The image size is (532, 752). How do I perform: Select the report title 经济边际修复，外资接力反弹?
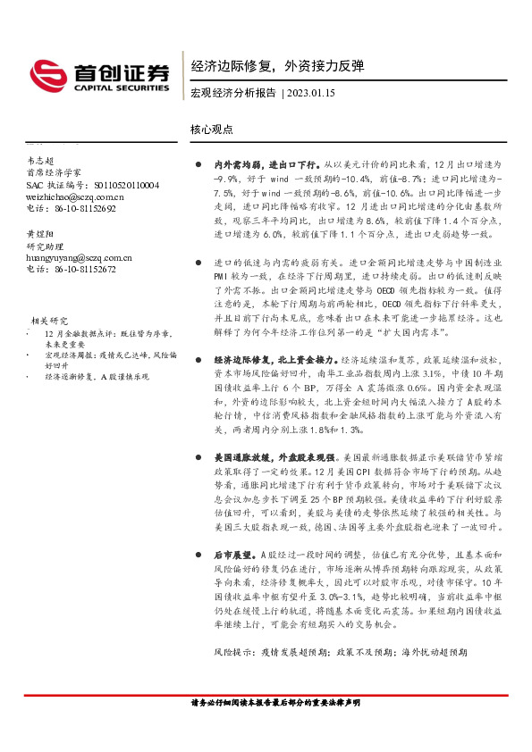[278, 66]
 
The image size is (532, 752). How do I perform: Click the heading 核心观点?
[212, 129]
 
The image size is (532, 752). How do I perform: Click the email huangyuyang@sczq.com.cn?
[80, 256]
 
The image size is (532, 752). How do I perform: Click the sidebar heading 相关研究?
[50, 320]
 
